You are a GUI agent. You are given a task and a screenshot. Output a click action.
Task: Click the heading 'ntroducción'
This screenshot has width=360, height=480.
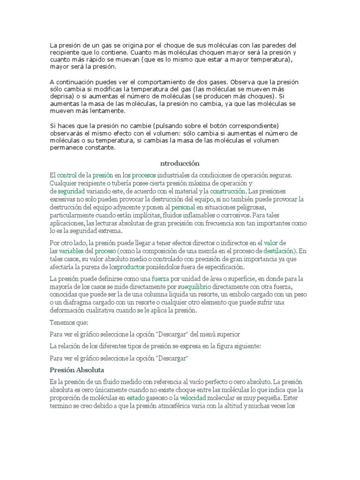click(x=180, y=163)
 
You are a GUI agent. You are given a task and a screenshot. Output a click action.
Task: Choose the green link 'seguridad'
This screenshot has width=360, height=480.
click(x=71, y=192)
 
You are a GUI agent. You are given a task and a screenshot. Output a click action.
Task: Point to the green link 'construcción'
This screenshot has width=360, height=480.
click(x=228, y=192)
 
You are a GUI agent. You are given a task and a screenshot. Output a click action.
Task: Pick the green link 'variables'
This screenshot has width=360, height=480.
click(x=71, y=251)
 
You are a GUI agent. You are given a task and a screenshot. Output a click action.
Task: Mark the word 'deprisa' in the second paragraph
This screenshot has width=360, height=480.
click(x=62, y=97)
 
